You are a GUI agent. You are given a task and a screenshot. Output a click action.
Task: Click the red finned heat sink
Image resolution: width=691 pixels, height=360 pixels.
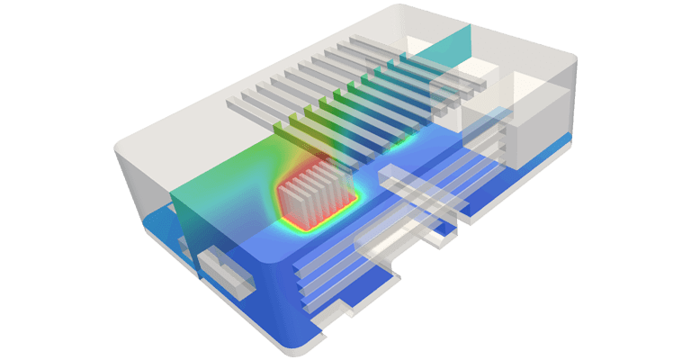[311, 189]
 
